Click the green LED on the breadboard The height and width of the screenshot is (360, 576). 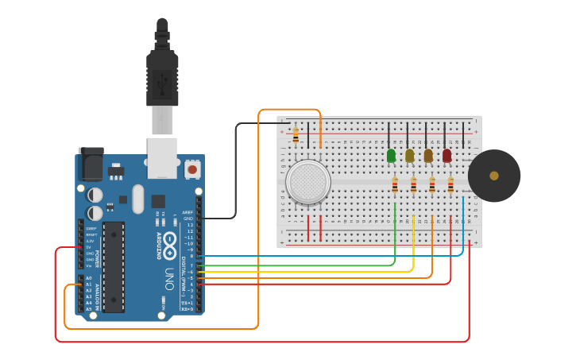[x=391, y=156]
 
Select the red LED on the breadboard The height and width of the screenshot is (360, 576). [x=446, y=156]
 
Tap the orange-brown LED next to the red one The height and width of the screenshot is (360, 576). [x=428, y=156]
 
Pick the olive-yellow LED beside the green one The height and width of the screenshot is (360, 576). [x=409, y=156]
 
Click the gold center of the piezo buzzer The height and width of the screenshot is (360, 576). [x=494, y=176]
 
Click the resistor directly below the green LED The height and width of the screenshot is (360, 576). [x=395, y=185]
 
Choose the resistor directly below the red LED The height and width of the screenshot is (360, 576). [x=450, y=185]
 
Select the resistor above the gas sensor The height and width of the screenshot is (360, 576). [x=296, y=135]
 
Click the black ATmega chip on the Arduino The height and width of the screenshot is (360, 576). [x=114, y=267]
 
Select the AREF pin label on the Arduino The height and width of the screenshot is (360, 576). [x=187, y=213]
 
